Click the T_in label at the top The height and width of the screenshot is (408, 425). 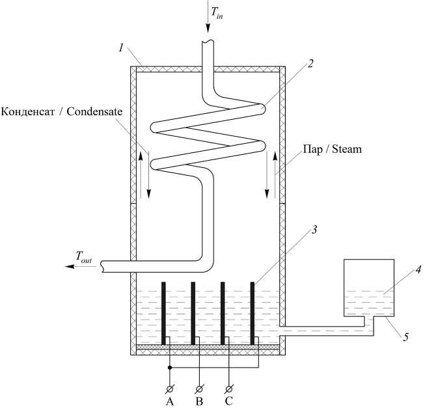click(217, 13)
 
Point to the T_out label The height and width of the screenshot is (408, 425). click(84, 257)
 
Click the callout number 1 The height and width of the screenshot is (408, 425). click(121, 48)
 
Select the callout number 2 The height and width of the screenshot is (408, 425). click(310, 63)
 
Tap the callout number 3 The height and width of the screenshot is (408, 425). click(314, 230)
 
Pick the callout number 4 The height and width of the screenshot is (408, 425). click(418, 269)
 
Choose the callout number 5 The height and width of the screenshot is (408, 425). click(405, 337)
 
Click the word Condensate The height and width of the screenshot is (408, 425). click(94, 112)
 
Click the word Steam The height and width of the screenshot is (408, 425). click(347, 149)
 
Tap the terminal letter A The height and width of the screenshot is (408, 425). click(170, 401)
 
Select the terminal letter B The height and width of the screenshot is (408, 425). click(199, 401)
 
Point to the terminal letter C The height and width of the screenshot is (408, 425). click(228, 401)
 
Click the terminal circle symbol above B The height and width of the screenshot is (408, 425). click(199, 390)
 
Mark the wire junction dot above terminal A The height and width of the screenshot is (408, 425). click(170, 368)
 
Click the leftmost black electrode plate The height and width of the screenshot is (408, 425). click(163, 314)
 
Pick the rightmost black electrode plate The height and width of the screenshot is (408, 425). click(253, 314)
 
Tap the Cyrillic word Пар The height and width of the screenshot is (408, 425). click(312, 149)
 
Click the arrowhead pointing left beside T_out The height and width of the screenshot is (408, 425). click(70, 267)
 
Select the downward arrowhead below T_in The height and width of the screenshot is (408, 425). click(208, 29)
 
